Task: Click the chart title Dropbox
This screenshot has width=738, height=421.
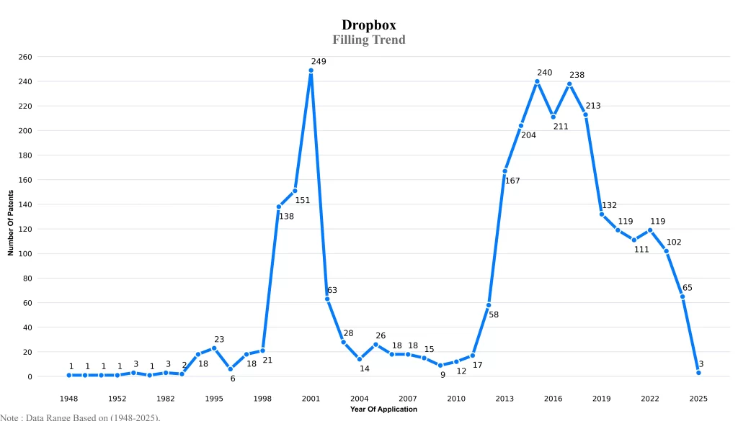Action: point(369,25)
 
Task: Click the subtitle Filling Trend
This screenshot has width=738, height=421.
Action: point(369,40)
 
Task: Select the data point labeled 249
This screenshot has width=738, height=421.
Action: point(311,71)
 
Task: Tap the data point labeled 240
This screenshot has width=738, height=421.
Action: point(537,81)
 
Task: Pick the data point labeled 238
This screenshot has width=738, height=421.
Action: point(569,84)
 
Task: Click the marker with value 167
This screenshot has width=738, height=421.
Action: point(504,171)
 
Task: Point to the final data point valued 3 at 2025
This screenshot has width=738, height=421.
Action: point(698,373)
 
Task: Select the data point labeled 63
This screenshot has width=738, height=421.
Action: point(327,299)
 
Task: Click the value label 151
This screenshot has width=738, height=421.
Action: point(303,200)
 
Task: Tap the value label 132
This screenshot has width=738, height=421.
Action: point(609,205)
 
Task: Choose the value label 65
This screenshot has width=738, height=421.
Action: point(688,288)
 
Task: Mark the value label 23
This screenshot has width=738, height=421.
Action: point(219,339)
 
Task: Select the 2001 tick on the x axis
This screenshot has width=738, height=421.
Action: point(311,398)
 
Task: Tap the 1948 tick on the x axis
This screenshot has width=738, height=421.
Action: point(69,398)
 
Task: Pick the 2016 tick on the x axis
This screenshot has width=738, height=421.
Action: point(553,398)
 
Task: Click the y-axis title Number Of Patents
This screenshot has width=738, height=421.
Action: point(11,222)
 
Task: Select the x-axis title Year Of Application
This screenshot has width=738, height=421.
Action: point(383,409)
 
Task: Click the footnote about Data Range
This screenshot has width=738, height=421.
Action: point(80,417)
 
